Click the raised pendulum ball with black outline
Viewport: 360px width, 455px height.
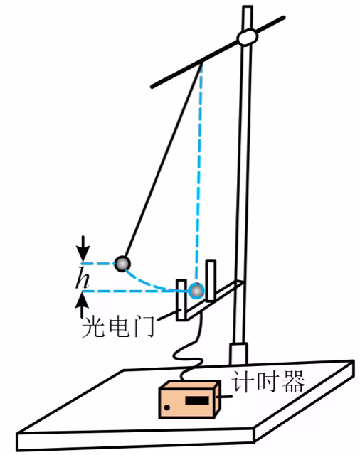pos(122,264)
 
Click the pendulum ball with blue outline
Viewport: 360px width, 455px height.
pos(196,291)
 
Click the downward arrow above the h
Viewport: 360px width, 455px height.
pos(83,248)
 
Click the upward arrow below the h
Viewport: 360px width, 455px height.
pos(83,305)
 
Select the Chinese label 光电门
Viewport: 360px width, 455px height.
pos(118,327)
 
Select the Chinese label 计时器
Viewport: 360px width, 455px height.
pos(268,381)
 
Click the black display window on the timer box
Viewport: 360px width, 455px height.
pos(197,400)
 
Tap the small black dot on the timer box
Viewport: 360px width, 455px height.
pos(167,407)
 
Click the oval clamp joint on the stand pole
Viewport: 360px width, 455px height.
pos(247,37)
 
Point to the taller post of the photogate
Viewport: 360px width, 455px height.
pos(211,280)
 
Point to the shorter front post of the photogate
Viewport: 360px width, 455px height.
pos(181,300)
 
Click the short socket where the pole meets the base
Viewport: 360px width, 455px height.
pos(238,353)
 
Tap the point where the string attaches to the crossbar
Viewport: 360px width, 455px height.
pos(202,62)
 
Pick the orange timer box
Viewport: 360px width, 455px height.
pos(189,400)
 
